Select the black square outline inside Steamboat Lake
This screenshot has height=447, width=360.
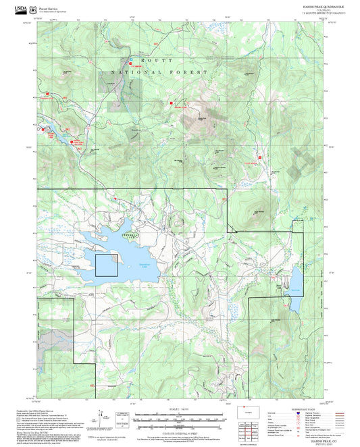click(x=107, y=265)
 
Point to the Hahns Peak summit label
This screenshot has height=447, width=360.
click(x=201, y=118)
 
